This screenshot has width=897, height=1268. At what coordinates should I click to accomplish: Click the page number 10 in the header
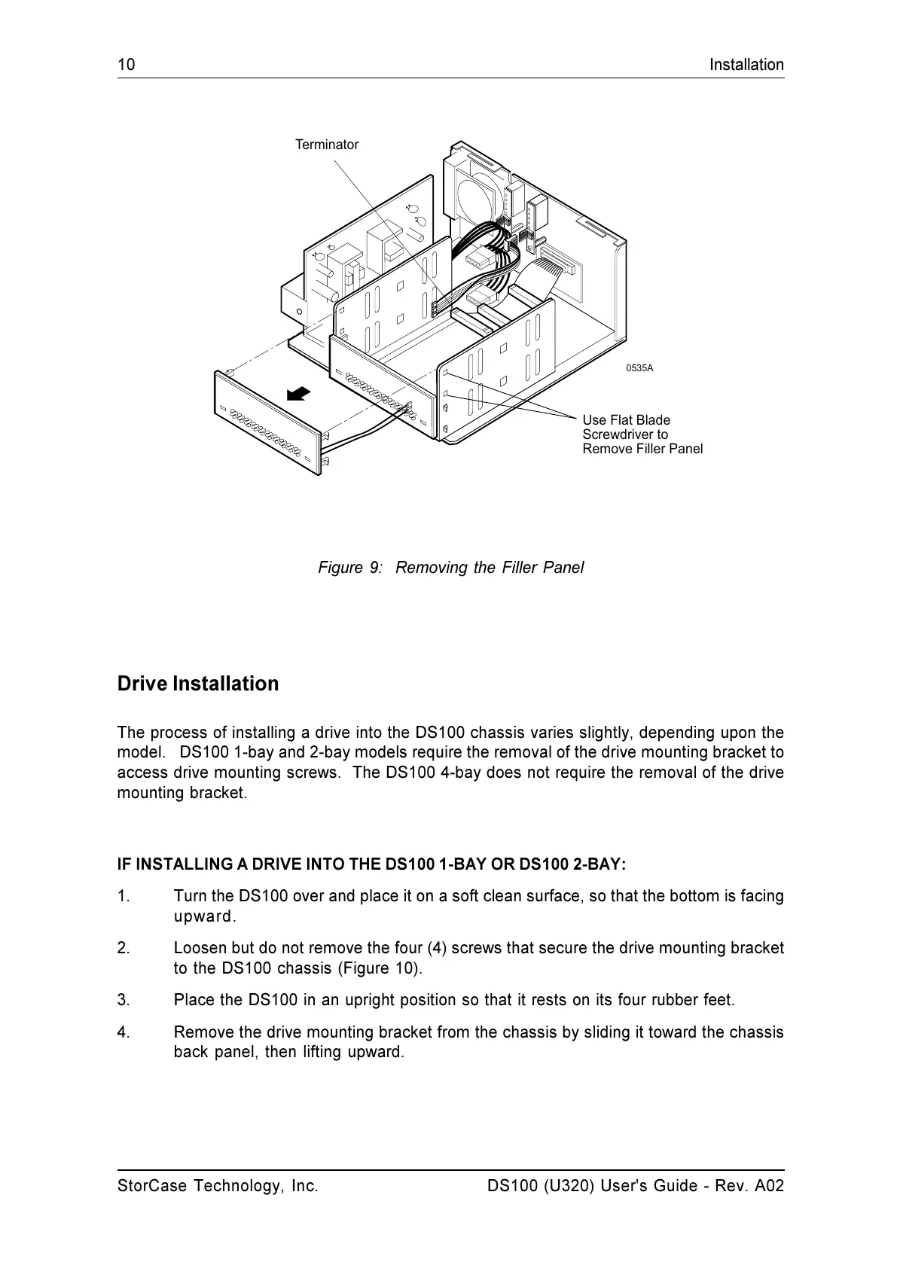tap(126, 65)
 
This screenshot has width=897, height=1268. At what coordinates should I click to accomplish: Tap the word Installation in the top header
tap(746, 65)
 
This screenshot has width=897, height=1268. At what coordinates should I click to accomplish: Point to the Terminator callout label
tap(327, 145)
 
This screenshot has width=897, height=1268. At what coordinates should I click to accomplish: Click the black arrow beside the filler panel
tap(298, 394)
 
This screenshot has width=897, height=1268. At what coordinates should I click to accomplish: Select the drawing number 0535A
tap(639, 368)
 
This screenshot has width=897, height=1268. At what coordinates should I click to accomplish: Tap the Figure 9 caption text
tap(450, 568)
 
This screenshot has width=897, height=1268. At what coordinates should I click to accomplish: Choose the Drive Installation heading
tap(198, 684)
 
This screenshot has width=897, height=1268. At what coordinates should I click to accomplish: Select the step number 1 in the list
tap(124, 896)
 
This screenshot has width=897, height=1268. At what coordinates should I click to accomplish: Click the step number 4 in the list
tap(124, 1032)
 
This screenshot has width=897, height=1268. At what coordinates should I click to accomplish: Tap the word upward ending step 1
tap(204, 916)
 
